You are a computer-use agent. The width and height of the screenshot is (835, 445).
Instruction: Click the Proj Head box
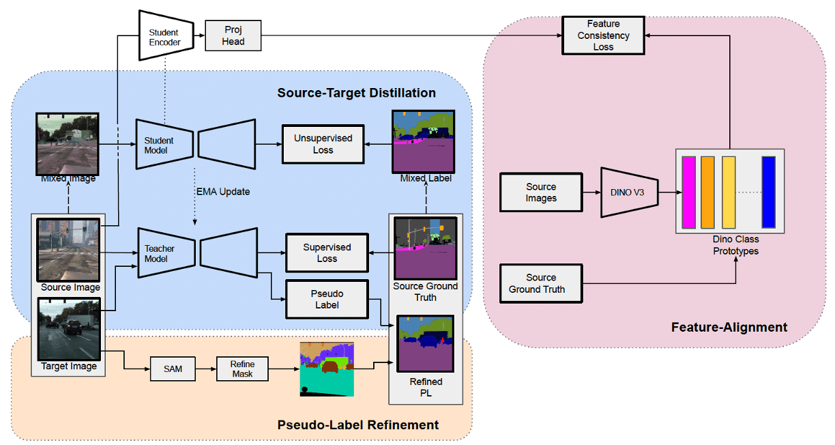coord(233,35)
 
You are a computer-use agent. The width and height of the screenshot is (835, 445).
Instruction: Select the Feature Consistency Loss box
coord(603,35)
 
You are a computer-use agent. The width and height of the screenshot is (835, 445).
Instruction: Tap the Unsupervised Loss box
coord(323,143)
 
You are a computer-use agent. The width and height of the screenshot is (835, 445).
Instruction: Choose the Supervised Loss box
coord(327,253)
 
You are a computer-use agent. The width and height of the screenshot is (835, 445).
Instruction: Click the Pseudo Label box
coord(327,299)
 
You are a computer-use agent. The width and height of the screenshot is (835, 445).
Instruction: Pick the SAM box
coord(171,369)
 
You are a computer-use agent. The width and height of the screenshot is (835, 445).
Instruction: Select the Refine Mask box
coord(242,369)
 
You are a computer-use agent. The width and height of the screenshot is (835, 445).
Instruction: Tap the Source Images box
coord(541,192)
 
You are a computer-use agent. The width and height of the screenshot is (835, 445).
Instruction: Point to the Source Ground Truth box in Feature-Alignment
coord(541,283)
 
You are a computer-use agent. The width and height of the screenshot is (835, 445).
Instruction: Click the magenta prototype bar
coord(688,192)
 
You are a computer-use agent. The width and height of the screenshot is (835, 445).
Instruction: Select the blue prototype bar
coord(769,192)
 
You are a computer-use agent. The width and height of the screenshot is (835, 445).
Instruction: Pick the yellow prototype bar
coord(729,192)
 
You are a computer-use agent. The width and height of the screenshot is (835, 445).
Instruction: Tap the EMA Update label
coord(222,192)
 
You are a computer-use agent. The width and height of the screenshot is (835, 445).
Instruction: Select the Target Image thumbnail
coord(70,329)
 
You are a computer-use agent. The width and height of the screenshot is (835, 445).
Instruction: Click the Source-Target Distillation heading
coord(356,93)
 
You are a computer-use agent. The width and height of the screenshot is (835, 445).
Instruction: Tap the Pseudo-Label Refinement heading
coord(357,425)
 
